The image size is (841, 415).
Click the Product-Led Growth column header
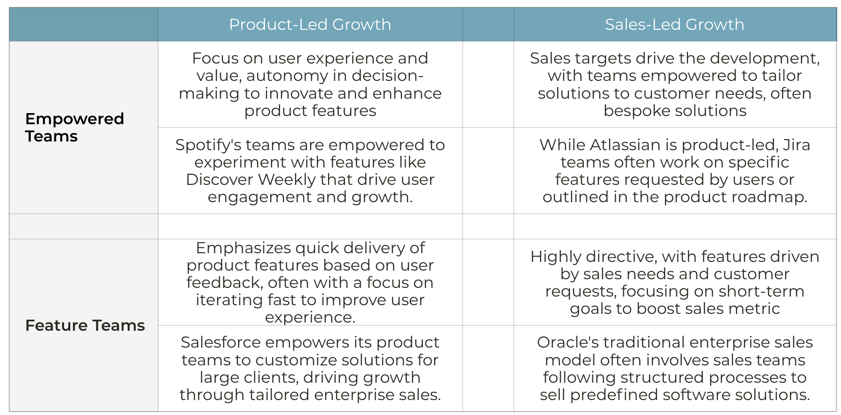coord(310,25)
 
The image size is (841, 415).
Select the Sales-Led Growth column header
coord(674,25)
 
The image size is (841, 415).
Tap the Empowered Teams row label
coord(75,128)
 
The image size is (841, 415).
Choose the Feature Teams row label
coord(85,325)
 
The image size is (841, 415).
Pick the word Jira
coord(796,145)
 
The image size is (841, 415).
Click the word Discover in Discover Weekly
coord(220,180)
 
